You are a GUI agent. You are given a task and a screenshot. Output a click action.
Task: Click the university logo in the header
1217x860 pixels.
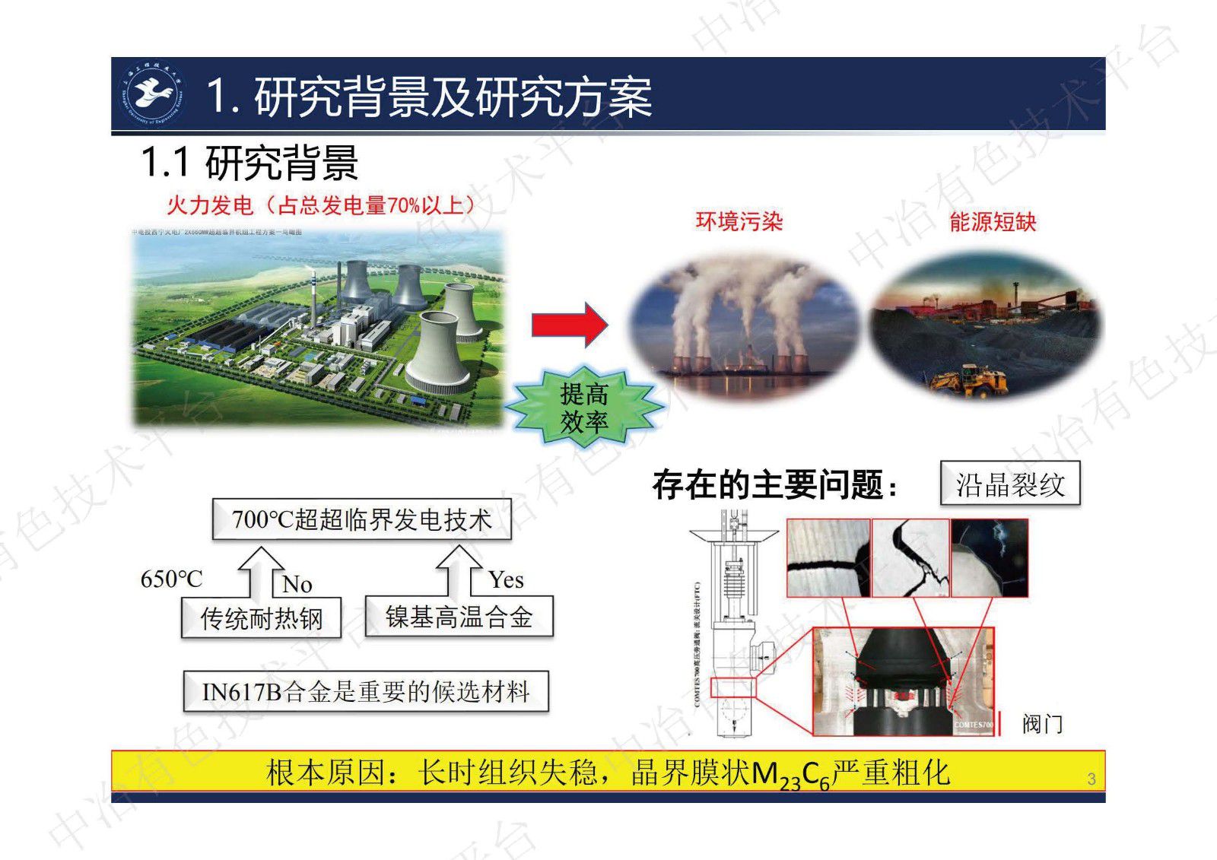pos(155,94)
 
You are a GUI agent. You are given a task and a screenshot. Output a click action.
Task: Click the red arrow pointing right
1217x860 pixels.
pos(569,325)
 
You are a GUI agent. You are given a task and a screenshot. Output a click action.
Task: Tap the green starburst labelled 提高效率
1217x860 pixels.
pos(583,408)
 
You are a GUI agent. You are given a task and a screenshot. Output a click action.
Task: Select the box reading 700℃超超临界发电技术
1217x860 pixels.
pos(361,520)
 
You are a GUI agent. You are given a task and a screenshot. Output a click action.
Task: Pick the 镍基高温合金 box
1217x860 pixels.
pos(459,617)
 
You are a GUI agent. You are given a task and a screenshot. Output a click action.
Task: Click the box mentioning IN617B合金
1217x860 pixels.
pos(365,692)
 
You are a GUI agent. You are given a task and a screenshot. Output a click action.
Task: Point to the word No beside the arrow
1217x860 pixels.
pos(297,584)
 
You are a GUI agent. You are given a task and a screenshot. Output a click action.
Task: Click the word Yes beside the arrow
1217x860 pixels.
pos(506,580)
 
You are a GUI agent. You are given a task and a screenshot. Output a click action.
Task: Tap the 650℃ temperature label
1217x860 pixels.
pos(172,579)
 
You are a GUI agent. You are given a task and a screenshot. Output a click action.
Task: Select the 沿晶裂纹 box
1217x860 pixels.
pos(1010,484)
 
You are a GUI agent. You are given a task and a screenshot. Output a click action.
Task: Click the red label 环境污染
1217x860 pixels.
pos(739,221)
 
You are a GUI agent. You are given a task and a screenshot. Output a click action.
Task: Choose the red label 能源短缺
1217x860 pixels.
pos(993,221)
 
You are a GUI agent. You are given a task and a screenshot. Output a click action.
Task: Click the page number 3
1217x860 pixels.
pos(1091,779)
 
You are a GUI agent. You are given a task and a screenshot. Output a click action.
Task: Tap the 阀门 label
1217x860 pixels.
pos(1041,724)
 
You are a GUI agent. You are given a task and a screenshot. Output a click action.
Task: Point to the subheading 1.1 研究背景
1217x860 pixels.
pos(250,163)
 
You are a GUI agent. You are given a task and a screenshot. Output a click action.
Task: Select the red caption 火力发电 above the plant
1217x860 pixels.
pos(209,205)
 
